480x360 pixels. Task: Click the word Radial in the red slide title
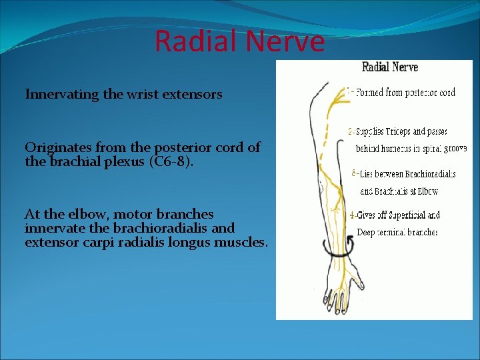tap(194, 41)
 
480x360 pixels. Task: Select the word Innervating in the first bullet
tap(62, 95)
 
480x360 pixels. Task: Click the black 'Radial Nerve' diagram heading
tap(389, 67)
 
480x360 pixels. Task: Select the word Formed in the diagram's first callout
tap(371, 93)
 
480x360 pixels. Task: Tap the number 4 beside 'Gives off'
tap(352, 216)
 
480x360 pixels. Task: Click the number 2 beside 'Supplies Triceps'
tap(351, 131)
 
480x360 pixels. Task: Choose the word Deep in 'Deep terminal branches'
tap(365, 233)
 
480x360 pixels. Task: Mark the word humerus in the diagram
tap(396, 149)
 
